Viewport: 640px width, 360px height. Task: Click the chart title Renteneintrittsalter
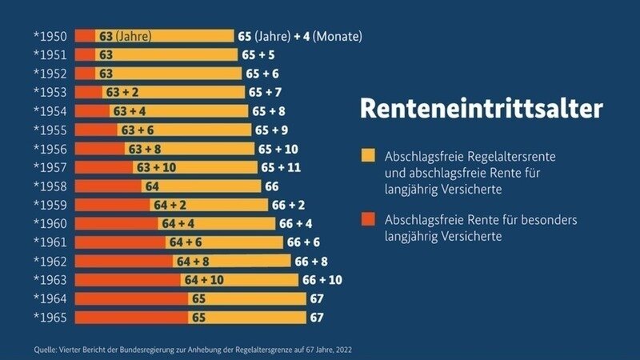[x=481, y=110]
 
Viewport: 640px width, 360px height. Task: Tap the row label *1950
[x=50, y=36]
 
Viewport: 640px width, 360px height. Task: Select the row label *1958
[x=50, y=186]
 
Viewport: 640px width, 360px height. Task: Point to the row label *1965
[x=50, y=317]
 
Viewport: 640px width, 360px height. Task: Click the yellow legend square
[x=368, y=155]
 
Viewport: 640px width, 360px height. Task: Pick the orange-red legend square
[x=368, y=218]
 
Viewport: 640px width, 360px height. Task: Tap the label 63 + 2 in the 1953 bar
[x=122, y=92]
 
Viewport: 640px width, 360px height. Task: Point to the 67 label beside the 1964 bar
[x=316, y=298]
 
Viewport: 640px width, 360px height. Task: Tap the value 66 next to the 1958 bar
[x=272, y=186]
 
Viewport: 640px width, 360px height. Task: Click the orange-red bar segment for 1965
[x=132, y=317]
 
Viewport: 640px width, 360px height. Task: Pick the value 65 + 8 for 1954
[x=269, y=111]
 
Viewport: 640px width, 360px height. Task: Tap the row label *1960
[x=50, y=223]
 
